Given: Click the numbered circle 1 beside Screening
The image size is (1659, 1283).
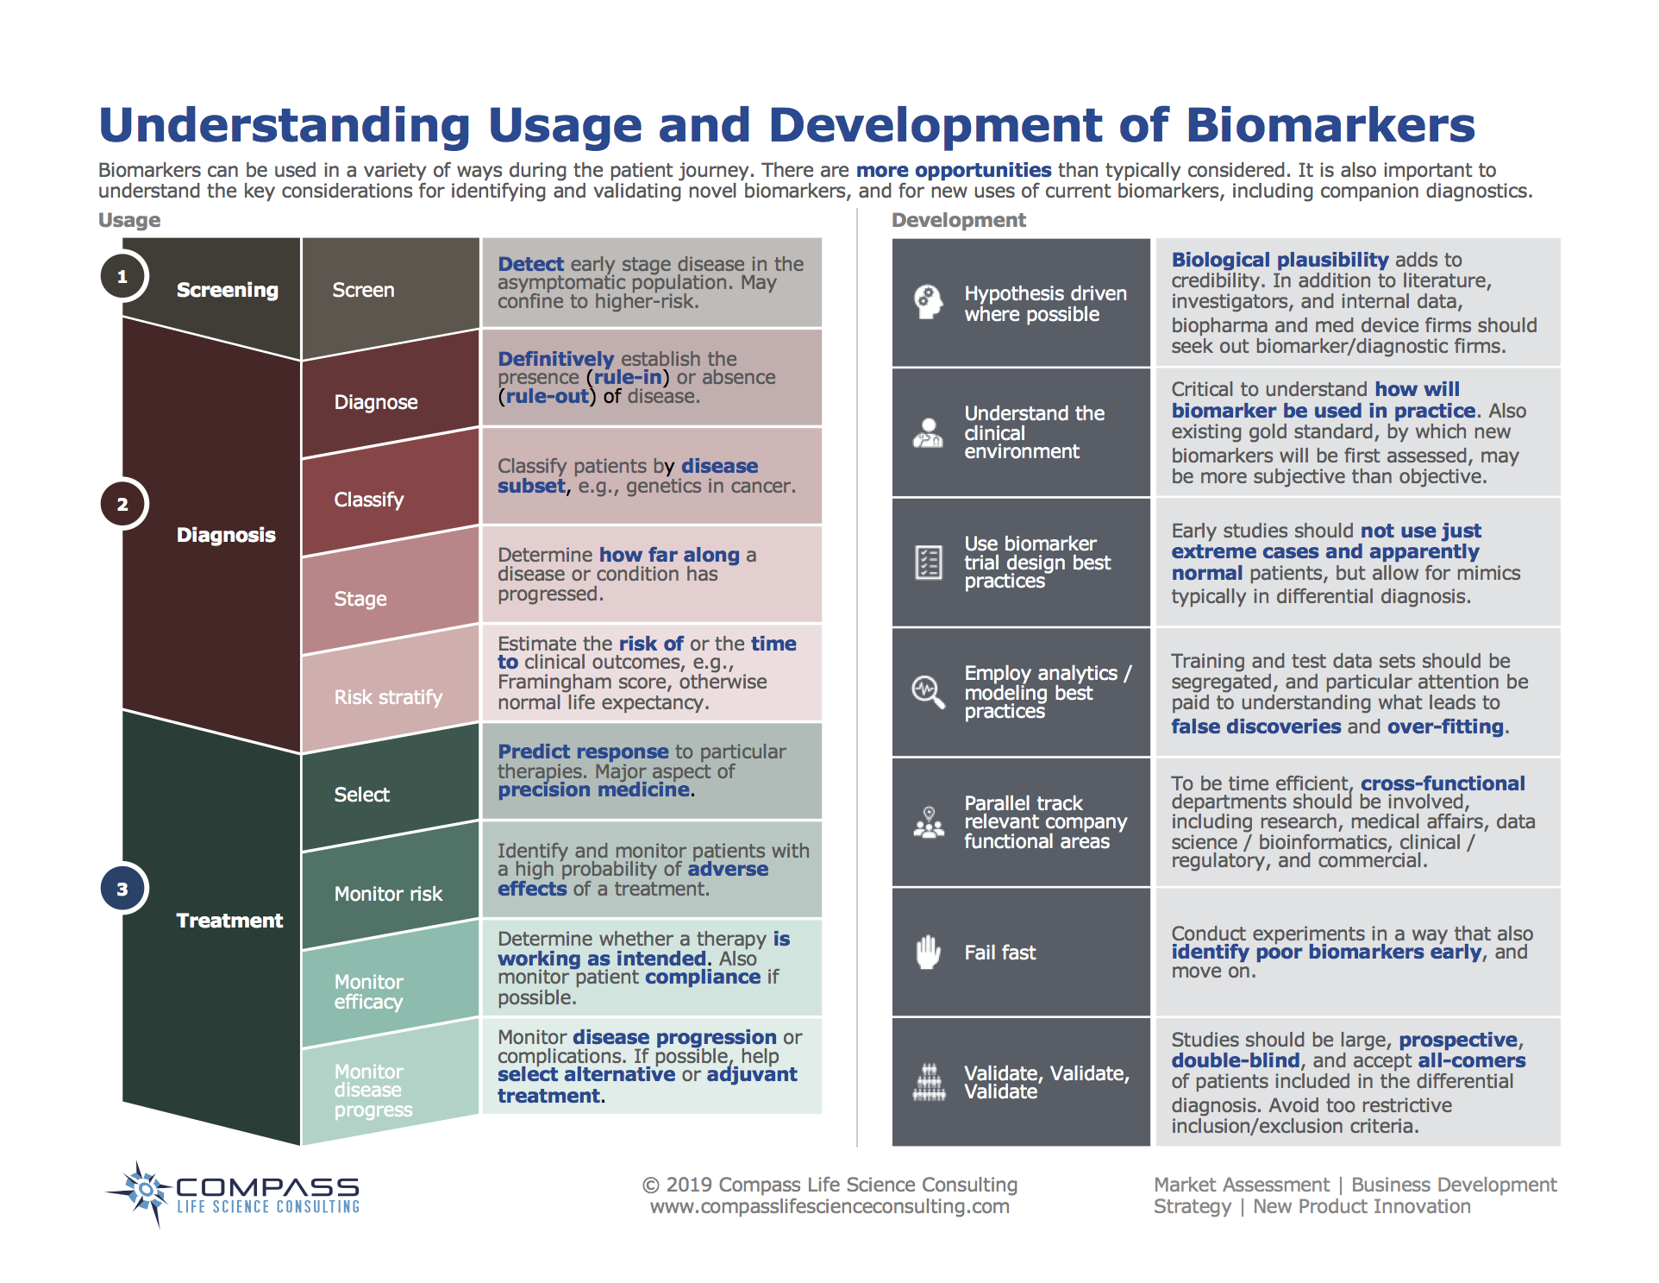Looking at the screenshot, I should click(x=122, y=277).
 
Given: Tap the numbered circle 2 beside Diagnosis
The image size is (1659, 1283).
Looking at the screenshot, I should click(x=122, y=504).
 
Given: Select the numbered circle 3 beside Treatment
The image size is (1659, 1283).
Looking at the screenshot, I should click(x=122, y=889).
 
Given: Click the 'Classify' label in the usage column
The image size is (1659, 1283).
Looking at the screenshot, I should click(x=368, y=500).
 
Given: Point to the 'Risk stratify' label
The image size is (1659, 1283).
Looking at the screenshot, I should click(x=388, y=697).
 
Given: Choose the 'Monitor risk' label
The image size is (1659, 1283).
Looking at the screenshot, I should click(x=388, y=894).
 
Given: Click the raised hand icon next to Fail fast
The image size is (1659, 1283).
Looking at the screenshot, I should click(x=928, y=953).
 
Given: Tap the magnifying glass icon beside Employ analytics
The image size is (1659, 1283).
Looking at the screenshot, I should click(x=928, y=691).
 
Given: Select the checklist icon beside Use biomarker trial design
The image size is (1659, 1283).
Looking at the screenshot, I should click(x=928, y=563).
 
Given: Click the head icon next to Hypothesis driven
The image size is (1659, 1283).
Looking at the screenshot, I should click(x=928, y=302).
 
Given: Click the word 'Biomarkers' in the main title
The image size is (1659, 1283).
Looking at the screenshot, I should click(x=1330, y=125).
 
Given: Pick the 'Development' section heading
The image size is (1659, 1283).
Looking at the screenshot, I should click(x=958, y=220).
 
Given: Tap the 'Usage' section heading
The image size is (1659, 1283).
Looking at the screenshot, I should click(x=129, y=220).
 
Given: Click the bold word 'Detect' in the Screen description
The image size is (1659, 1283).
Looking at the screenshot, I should click(x=530, y=264).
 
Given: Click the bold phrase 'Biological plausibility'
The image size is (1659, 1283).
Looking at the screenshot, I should click(x=1280, y=260).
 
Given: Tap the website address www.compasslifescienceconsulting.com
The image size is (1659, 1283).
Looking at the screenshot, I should click(x=829, y=1206).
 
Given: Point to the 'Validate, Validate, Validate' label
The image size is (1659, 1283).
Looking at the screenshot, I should click(x=1046, y=1082).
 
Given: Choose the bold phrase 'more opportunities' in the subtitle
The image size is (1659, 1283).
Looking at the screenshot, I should click(x=954, y=170).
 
